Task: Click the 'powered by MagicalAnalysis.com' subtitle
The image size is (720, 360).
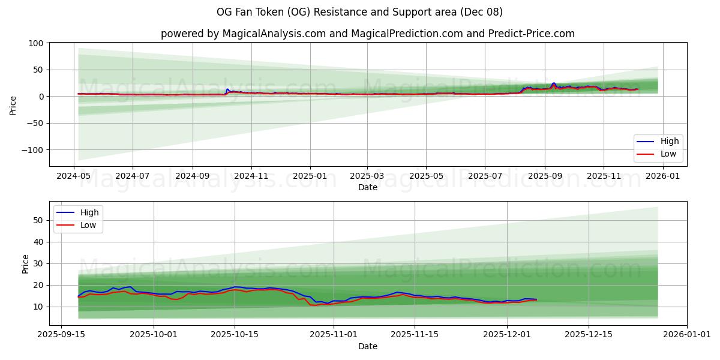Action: coord(367,34)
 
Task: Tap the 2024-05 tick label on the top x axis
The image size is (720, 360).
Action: coord(74,176)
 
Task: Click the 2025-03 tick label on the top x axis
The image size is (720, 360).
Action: coord(367,176)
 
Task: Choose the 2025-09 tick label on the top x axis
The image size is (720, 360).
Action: coord(545,176)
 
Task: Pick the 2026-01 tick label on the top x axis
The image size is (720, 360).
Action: coord(662,176)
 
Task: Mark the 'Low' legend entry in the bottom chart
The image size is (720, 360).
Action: coord(88,225)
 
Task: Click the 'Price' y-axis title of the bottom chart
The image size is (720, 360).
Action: coord(25,264)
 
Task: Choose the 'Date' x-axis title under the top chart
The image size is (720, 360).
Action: coord(367,187)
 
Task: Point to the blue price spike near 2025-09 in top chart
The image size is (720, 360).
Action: coord(554,83)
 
